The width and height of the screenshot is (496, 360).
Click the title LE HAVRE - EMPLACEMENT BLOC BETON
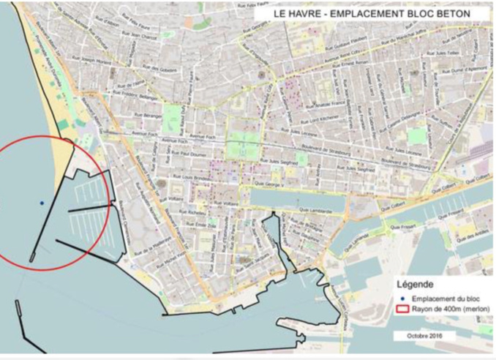click(x=371, y=13)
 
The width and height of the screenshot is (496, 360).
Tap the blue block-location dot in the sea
click(x=42, y=203)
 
